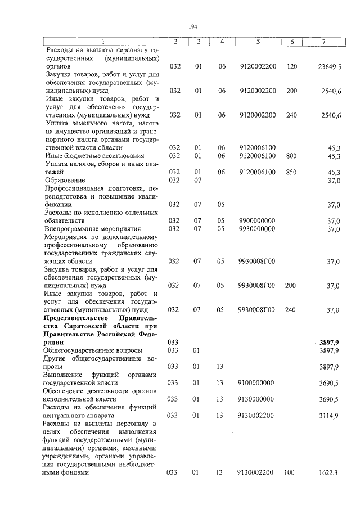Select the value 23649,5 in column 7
[330, 67]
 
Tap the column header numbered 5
[257, 42]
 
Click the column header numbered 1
[103, 42]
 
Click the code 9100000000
[257, 382]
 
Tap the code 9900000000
[257, 220]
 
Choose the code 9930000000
[257, 229]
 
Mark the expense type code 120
[291, 66]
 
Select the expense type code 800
[291, 155]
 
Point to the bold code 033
[173, 342]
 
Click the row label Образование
[66, 180]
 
